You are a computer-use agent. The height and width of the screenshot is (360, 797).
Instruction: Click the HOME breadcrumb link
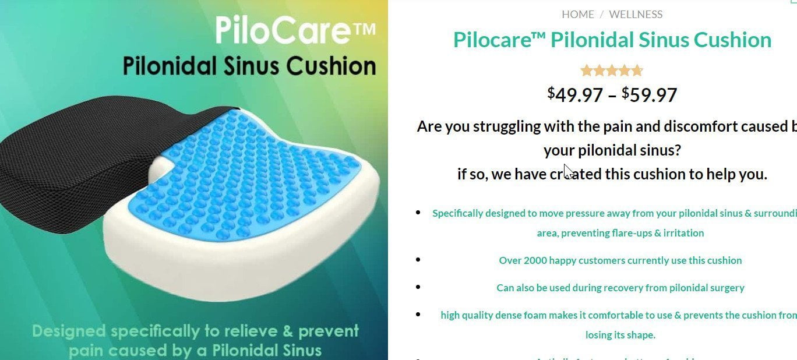[x=577, y=15]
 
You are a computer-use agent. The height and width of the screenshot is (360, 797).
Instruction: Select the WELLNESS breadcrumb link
[x=636, y=15]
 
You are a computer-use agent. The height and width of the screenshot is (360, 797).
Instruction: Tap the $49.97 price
[x=575, y=94]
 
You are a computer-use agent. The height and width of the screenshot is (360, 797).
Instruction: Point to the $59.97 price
[x=650, y=94]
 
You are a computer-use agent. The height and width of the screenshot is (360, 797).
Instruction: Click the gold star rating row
[x=612, y=71]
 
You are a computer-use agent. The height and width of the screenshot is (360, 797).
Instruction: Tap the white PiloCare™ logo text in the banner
[x=295, y=30]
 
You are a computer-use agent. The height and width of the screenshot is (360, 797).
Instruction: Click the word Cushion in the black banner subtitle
[x=338, y=66]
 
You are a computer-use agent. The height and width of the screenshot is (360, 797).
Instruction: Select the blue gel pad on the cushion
[x=256, y=175]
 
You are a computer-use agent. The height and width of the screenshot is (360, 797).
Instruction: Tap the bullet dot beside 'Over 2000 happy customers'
[x=418, y=260]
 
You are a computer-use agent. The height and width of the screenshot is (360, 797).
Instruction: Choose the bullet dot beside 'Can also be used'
[x=418, y=287]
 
